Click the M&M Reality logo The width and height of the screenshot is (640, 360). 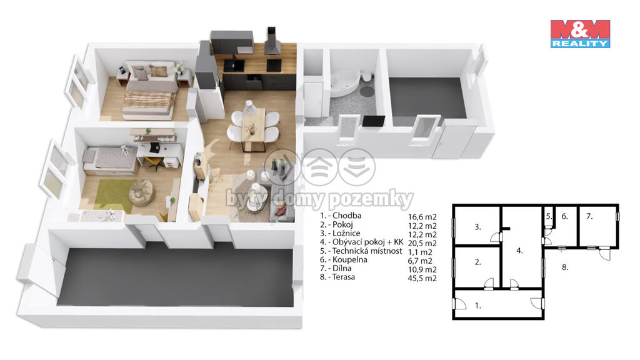click(x=580, y=34)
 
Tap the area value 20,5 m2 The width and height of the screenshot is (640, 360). click(x=422, y=243)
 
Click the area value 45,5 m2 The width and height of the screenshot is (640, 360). click(x=422, y=278)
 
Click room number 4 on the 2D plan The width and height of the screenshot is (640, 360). click(x=519, y=251)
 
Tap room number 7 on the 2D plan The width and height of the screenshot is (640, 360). click(x=589, y=216)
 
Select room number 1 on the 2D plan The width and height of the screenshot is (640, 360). click(x=478, y=305)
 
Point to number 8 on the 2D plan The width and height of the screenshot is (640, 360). click(x=565, y=267)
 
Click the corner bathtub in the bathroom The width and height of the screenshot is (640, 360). click(x=344, y=84)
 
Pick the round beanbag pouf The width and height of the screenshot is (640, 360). click(x=141, y=192)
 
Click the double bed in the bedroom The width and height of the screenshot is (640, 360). click(x=150, y=89)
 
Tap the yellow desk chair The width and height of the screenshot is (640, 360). click(x=154, y=162)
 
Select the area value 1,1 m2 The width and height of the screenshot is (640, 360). click(x=420, y=252)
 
